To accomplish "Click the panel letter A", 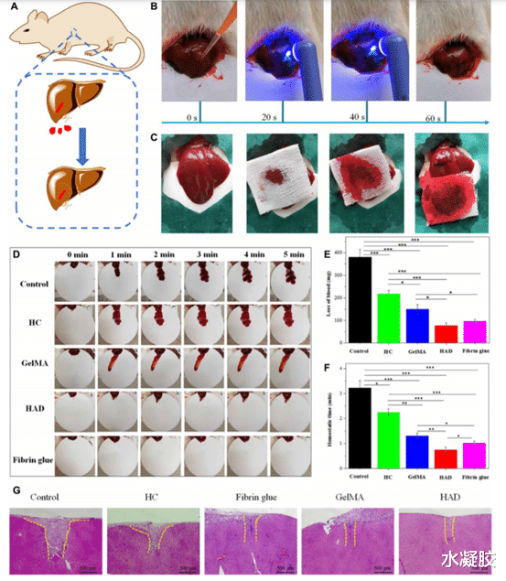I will pos(12,13).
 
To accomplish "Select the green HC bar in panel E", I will pos(390,317).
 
